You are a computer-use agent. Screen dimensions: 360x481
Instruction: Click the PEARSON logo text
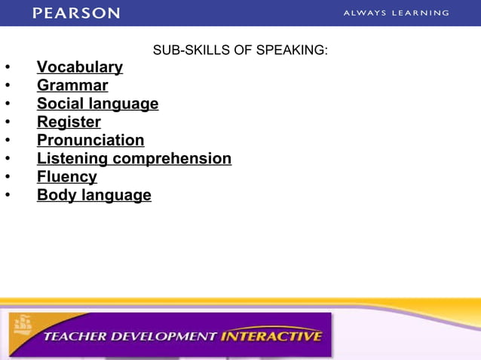pos(76,13)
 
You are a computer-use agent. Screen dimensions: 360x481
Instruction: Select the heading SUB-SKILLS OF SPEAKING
pos(240,50)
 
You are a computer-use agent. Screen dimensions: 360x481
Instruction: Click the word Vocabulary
pos(80,67)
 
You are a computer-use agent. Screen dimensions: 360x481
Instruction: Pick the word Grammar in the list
pos(72,86)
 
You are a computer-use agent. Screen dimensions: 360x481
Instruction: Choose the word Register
pos(69,122)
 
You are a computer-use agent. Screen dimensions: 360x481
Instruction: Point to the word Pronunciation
pos(90,140)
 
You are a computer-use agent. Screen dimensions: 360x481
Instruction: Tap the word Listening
pos(72,159)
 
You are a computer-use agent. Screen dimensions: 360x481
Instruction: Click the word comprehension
pos(172,159)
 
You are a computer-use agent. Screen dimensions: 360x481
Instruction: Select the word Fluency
pos(67,177)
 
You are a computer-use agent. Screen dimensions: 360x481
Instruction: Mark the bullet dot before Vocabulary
pos(8,68)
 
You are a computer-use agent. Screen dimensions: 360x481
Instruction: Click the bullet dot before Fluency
pos(8,178)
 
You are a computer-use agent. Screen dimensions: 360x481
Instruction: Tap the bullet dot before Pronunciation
pos(8,141)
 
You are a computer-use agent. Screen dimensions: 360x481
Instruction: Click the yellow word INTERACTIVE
pos(271,336)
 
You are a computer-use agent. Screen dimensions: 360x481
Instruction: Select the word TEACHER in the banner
pos(75,336)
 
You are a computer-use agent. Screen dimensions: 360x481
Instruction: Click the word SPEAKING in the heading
pos(297,50)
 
